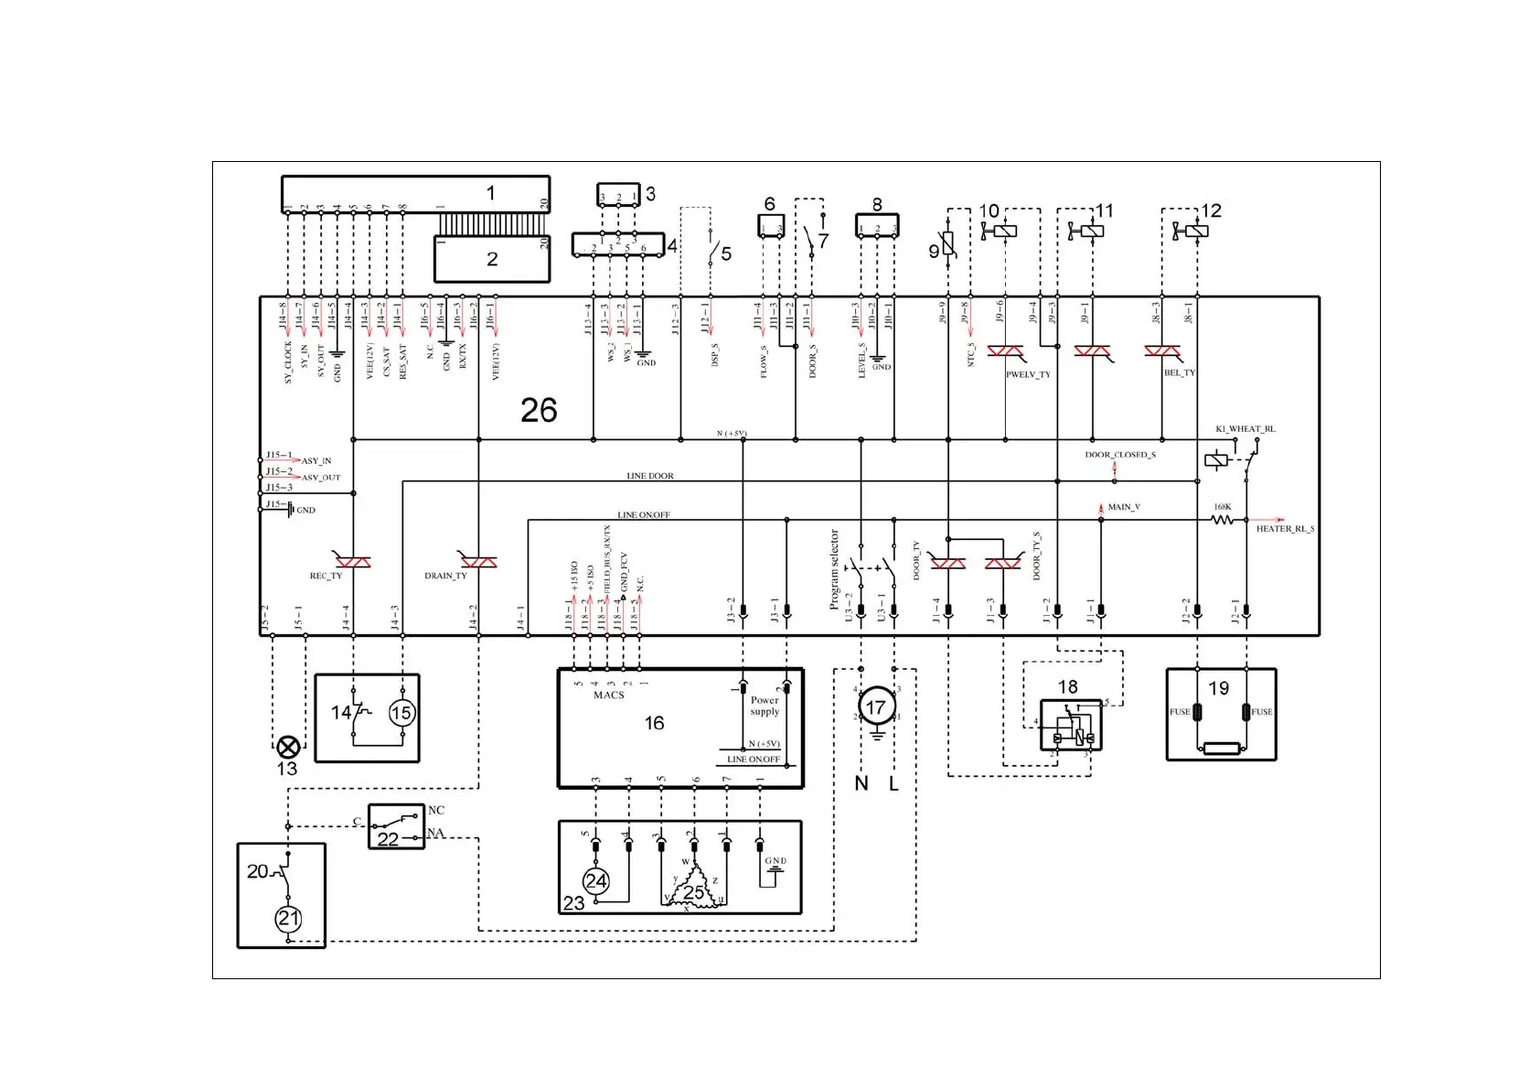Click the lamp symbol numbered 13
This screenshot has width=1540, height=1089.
pyautogui.click(x=287, y=747)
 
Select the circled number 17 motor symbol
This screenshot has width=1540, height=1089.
pyautogui.click(x=875, y=706)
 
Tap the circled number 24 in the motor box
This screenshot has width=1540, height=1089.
pyautogui.click(x=596, y=881)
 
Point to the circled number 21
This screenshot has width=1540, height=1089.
pyautogui.click(x=288, y=919)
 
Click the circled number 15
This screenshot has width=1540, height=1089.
pyautogui.click(x=401, y=713)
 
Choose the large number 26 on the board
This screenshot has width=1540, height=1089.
pyautogui.click(x=539, y=410)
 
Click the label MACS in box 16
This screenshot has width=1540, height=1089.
pyautogui.click(x=608, y=695)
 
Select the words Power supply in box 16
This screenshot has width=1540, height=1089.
pyautogui.click(x=765, y=706)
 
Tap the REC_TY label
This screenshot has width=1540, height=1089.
pyautogui.click(x=326, y=577)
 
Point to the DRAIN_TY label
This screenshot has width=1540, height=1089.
pyautogui.click(x=445, y=577)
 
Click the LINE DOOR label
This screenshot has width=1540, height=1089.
pyautogui.click(x=649, y=476)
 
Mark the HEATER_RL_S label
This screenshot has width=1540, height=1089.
pyautogui.click(x=1285, y=529)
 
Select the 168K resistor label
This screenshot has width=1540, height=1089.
pyautogui.click(x=1223, y=507)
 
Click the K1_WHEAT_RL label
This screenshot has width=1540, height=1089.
pyautogui.click(x=1245, y=429)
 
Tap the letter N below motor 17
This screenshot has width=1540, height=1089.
pyautogui.click(x=861, y=783)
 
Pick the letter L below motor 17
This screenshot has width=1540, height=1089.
pyautogui.click(x=893, y=783)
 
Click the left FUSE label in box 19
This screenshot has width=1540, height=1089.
pyautogui.click(x=1180, y=712)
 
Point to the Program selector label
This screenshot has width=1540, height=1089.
pyautogui.click(x=834, y=569)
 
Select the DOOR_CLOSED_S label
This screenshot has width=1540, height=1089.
pyautogui.click(x=1120, y=455)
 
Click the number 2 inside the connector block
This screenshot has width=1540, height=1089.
pyautogui.click(x=492, y=259)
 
